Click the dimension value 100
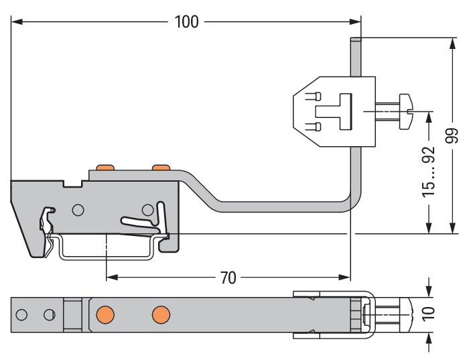click(x=187, y=21)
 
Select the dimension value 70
click(x=228, y=278)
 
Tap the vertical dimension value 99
click(x=453, y=135)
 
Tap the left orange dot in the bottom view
click(x=104, y=314)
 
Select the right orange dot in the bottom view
click(x=159, y=314)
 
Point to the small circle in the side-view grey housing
click(x=78, y=210)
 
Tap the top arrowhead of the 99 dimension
click(x=453, y=42)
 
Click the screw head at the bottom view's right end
click(x=401, y=314)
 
